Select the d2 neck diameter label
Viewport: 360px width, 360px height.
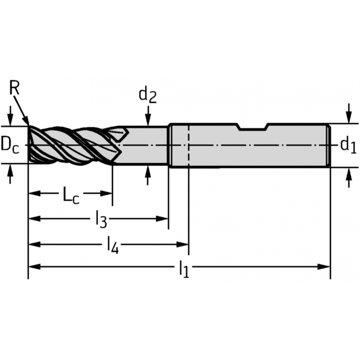click(x=148, y=95)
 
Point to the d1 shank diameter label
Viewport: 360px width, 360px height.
click(x=348, y=144)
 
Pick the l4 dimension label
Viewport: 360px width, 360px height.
click(x=112, y=245)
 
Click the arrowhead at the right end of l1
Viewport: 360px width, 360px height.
click(x=325, y=266)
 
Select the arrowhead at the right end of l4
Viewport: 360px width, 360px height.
click(x=184, y=244)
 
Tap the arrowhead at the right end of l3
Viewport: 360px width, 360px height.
click(x=164, y=218)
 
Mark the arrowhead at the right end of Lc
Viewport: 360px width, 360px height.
click(x=108, y=192)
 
